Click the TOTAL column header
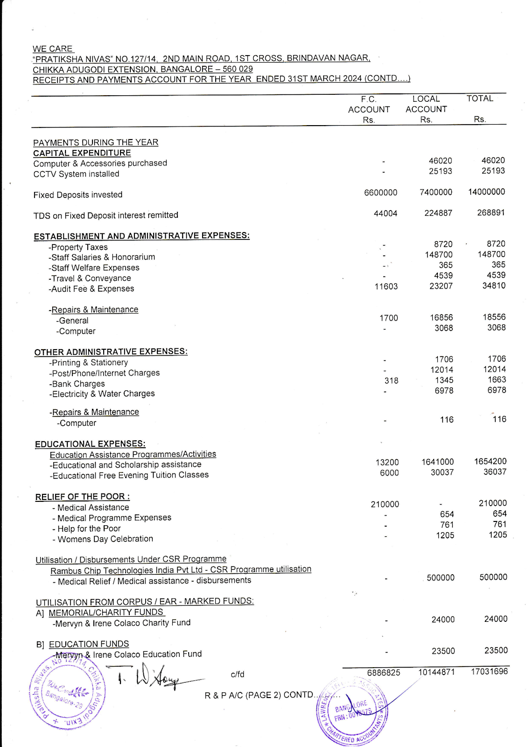point(480,99)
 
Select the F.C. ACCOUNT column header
point(369,109)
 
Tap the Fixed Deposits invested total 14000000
point(486,192)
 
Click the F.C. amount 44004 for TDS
point(386,213)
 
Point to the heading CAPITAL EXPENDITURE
point(82,153)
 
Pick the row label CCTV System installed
point(76,174)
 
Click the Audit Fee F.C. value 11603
point(386,287)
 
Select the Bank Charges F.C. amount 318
point(391,381)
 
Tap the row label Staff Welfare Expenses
point(95,268)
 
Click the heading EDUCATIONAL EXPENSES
point(90,444)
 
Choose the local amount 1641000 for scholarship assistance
point(437,462)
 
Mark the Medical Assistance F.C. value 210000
point(385,504)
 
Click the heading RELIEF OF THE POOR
point(82,497)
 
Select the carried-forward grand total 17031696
point(489,671)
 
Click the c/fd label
point(238,674)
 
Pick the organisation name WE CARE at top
point(53,49)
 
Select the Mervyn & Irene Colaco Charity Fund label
point(121,623)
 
